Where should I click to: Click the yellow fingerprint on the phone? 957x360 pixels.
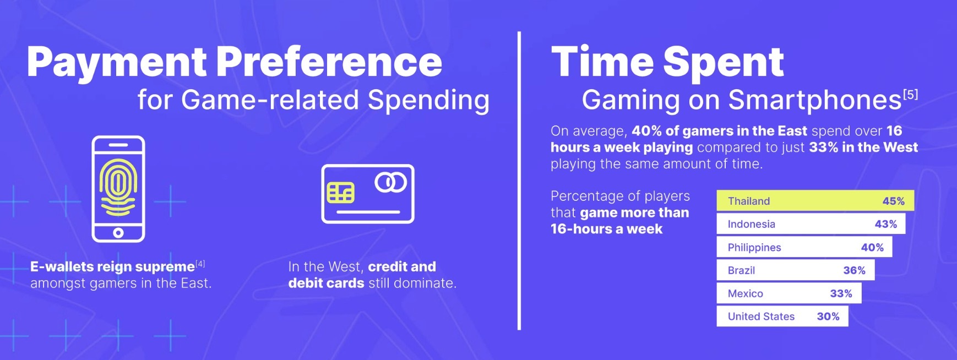coord(118,187)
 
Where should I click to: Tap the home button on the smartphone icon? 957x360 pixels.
coord(118,233)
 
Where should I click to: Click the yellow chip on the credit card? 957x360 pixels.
coord(340,193)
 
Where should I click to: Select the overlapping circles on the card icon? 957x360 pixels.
coord(390,182)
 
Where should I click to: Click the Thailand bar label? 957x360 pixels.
coord(748,201)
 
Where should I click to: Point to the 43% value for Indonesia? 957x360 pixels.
coord(885,224)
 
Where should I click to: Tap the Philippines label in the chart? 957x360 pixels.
coord(754,248)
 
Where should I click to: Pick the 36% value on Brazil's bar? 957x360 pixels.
coord(854,270)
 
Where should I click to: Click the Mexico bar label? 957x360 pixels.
coord(745,293)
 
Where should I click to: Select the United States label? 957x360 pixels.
coord(761,317)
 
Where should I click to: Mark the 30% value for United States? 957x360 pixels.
coord(828,317)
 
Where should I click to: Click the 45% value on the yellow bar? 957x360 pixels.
coord(893,201)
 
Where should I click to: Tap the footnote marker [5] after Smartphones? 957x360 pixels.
coord(910,95)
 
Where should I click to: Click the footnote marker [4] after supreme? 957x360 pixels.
coord(200,264)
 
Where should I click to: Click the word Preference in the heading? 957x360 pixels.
coord(329,62)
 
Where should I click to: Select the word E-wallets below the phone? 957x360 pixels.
coord(62,266)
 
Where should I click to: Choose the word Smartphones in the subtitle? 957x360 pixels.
coord(815,100)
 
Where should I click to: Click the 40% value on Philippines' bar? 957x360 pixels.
coord(872,247)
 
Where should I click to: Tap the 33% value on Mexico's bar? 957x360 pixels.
coord(841,293)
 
